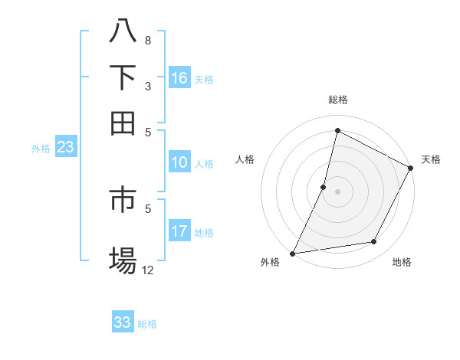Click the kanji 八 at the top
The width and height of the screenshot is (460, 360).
pyautogui.click(x=123, y=31)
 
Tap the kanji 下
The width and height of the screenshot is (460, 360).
pyautogui.click(x=123, y=77)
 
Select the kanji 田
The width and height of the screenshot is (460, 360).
pyautogui.click(x=123, y=123)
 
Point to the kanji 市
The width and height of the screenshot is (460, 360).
pyautogui.click(x=123, y=200)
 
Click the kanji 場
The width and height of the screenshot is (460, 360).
pyautogui.click(x=123, y=260)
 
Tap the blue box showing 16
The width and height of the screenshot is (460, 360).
pyautogui.click(x=179, y=78)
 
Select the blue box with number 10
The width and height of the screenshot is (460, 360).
pyautogui.click(x=179, y=162)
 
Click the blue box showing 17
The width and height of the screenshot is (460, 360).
pyautogui.click(x=179, y=231)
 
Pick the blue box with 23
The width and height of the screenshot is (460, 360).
pyautogui.click(x=65, y=147)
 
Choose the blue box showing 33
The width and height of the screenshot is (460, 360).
pyautogui.click(x=123, y=322)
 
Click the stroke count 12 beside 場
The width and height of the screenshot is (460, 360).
pyautogui.click(x=148, y=270)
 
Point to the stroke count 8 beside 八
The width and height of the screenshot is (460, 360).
pyautogui.click(x=148, y=40)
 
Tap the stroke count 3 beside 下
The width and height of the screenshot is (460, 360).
pyautogui.click(x=148, y=87)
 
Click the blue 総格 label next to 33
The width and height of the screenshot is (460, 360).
pyautogui.click(x=147, y=324)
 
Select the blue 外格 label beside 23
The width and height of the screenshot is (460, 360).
pyautogui.click(x=41, y=149)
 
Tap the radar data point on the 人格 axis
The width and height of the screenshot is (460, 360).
pyautogui.click(x=324, y=187)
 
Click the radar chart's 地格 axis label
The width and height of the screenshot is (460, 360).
pyautogui.click(x=402, y=263)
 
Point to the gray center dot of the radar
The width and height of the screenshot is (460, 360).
pyautogui.click(x=337, y=191)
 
